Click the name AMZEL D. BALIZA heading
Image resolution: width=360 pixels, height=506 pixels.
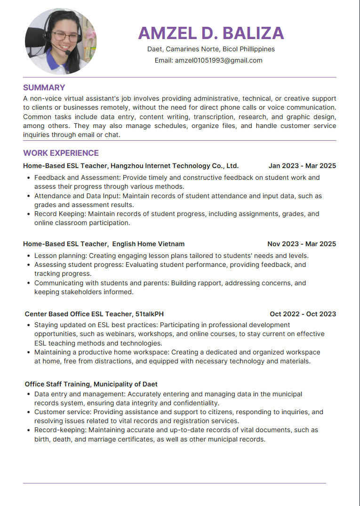(x=211, y=33)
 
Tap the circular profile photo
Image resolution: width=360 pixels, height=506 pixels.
(x=61, y=41)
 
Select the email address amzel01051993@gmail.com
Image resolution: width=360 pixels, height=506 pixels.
(x=218, y=60)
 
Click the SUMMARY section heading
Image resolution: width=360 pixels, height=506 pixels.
(x=44, y=88)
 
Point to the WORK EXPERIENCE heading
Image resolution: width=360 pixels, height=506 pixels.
(x=61, y=153)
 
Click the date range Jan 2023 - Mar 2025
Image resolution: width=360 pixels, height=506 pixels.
(x=302, y=166)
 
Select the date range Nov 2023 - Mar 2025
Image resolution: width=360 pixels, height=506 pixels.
(x=302, y=244)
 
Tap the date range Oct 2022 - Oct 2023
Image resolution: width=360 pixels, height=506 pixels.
(x=303, y=314)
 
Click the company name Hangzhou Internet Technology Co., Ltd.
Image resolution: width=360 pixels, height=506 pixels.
(x=175, y=166)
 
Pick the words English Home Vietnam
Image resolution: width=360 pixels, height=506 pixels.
(x=148, y=244)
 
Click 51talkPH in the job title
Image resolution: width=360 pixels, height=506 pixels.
(x=150, y=314)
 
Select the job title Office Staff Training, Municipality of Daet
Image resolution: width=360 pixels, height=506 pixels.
(x=91, y=385)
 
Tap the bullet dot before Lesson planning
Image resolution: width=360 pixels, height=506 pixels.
(x=29, y=256)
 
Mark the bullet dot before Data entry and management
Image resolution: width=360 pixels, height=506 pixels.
(x=29, y=394)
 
